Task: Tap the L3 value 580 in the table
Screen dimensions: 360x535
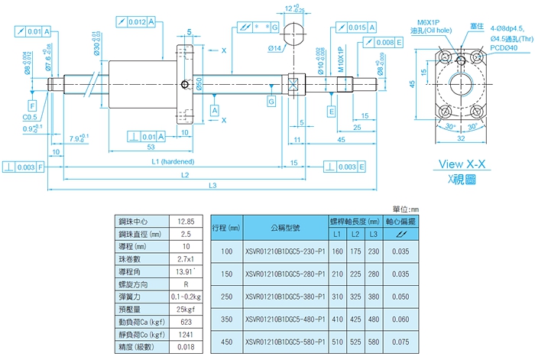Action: tap(374, 342)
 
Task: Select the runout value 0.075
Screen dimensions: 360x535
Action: tap(400, 342)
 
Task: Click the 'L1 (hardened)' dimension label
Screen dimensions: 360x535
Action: tap(173, 162)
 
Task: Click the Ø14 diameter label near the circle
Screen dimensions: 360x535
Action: tap(275, 48)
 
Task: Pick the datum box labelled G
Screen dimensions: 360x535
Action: tap(271, 101)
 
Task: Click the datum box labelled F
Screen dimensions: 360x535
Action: tap(33, 104)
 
